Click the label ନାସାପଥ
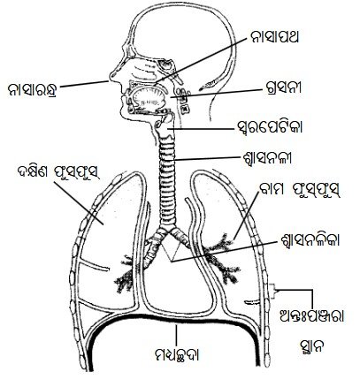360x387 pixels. coord(274,37)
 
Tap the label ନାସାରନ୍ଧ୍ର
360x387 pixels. coord(33,89)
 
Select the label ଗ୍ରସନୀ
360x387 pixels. coord(283,87)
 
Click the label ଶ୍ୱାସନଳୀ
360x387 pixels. coord(266,158)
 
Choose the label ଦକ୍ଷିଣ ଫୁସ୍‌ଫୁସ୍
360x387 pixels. coord(58,173)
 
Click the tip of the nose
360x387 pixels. coord(110,75)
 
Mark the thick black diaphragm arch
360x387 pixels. coord(171,321)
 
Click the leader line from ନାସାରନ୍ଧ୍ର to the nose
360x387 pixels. coord(85,84)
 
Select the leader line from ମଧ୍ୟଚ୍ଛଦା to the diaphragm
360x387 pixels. coord(176,335)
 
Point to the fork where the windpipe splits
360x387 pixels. coord(168,230)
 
